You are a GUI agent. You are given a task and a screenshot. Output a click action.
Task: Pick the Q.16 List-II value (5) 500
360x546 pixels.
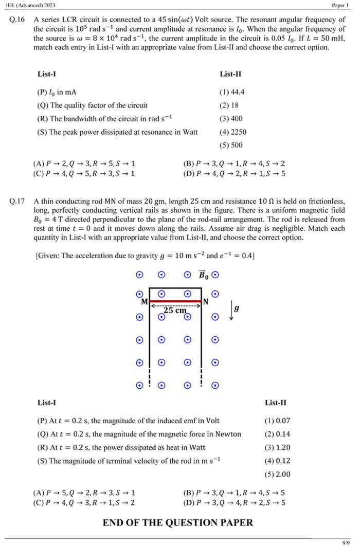tap(231, 145)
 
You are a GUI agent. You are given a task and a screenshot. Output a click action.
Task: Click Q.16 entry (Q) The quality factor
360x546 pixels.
tap(93, 105)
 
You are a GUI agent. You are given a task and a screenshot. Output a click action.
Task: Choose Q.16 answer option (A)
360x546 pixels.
tap(84, 163)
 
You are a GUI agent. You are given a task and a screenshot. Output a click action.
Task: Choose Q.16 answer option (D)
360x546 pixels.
tap(234, 173)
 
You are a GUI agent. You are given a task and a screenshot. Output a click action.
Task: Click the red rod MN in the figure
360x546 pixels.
tap(175, 301)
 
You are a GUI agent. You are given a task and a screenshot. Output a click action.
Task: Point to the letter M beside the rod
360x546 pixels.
tap(145, 302)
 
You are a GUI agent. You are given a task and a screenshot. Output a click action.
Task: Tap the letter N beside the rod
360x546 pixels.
tap(206, 302)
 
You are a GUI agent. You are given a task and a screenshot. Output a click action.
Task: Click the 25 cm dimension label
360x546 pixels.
tap(175, 311)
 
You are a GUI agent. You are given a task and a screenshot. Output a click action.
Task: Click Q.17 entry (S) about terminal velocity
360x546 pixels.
tap(129, 461)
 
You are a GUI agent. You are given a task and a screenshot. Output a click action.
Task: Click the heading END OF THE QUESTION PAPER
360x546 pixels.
tap(178, 523)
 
